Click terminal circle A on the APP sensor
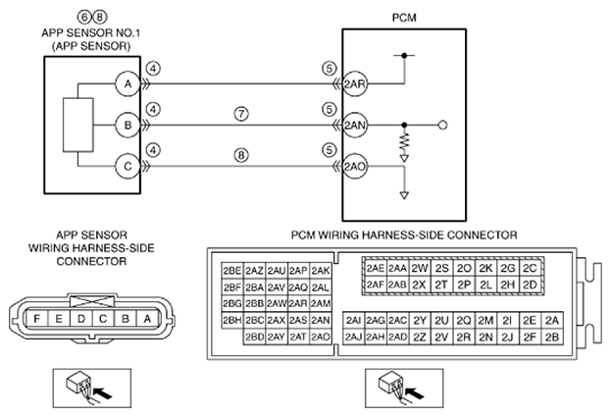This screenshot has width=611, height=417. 127,83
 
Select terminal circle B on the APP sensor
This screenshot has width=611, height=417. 127,126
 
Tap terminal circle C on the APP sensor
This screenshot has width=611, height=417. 127,167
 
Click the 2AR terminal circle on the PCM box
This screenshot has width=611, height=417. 355,83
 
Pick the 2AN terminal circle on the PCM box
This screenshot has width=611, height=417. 355,126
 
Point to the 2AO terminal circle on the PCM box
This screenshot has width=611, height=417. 355,167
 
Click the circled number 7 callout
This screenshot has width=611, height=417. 241,114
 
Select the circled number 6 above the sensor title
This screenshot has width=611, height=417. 84,17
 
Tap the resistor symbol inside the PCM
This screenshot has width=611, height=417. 404,142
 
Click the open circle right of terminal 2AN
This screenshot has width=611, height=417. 442,126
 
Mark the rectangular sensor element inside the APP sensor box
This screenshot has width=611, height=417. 77,125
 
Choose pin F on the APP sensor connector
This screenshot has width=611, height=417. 36,319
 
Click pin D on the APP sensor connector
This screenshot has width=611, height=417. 81,319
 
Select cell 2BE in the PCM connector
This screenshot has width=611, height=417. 232,270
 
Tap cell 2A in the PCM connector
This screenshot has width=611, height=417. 552,320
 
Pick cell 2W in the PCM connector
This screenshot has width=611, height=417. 420,268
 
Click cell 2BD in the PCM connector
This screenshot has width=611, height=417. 254,337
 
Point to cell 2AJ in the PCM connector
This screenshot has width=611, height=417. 353,337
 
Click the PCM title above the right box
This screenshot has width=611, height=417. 404,18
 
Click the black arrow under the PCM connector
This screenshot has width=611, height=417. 415,392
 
